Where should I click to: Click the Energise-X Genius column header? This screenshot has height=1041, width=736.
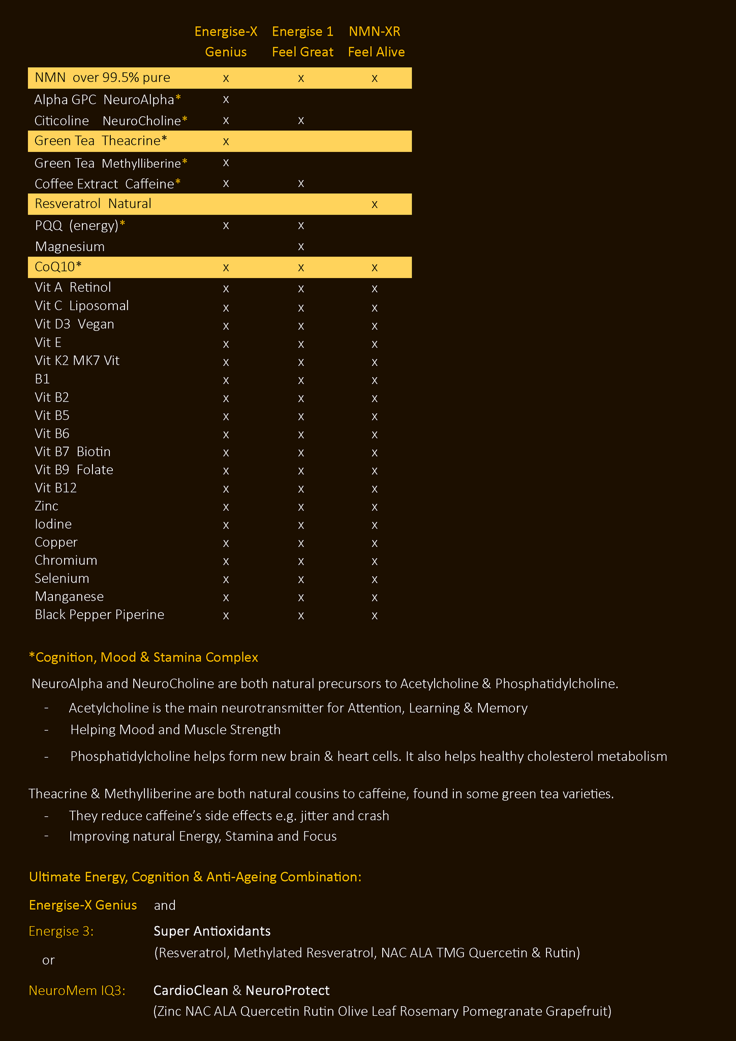pos(226,42)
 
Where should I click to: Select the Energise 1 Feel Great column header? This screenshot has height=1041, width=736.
pos(302,42)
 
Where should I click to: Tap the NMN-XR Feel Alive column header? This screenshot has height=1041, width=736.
pos(376,42)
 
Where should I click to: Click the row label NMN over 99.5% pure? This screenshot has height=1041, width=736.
pos(102,78)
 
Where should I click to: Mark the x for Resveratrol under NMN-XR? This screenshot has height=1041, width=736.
pos(375,204)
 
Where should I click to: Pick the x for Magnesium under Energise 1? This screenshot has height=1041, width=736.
pos(301,247)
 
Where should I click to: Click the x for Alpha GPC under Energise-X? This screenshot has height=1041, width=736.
pos(226,100)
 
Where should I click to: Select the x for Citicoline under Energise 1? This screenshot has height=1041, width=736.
pos(301,120)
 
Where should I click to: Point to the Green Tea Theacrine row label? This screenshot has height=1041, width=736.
pos(101,141)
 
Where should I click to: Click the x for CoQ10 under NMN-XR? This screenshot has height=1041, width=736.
pos(375,268)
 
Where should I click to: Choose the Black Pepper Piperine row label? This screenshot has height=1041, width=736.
pos(100,615)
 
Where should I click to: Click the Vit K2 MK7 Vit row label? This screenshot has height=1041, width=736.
pos(77,361)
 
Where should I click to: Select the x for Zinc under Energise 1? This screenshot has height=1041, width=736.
pos(301,507)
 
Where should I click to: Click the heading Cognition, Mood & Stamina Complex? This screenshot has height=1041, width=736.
pos(144,657)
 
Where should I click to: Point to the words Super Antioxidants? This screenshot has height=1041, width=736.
pos(212,931)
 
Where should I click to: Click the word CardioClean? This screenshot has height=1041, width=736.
pos(191,991)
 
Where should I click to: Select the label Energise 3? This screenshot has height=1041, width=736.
pos(61,931)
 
